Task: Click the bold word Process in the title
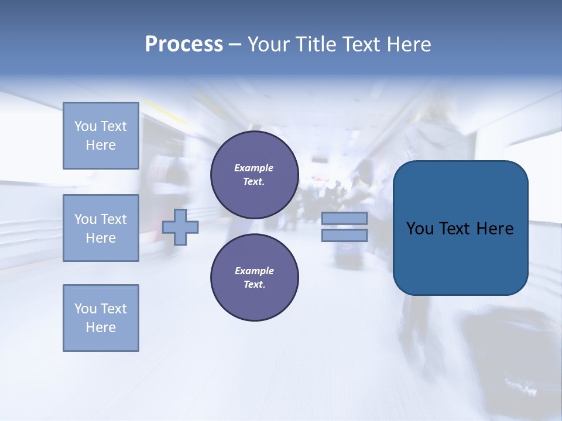pos(184,44)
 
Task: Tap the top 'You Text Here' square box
pos(101,136)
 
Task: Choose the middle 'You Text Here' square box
pos(101,228)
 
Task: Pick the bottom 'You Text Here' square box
pos(101,318)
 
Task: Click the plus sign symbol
pos(180,227)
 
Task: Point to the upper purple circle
pos(254,174)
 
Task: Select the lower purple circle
pos(254,277)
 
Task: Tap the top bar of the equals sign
pos(344,218)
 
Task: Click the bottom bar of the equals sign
pos(344,235)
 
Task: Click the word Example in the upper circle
pos(254,168)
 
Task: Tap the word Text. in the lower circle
pos(254,284)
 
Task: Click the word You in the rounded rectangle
pos(419,229)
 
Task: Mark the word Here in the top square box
pos(101,145)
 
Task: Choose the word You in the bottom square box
pos(85,309)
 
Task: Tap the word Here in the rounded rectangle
pos(495,229)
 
